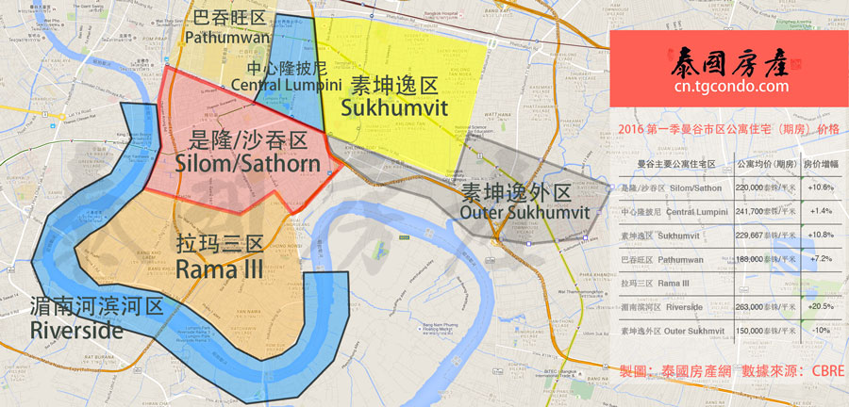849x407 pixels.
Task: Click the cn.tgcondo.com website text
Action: click(730, 87)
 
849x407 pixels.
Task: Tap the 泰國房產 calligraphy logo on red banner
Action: click(730, 60)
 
